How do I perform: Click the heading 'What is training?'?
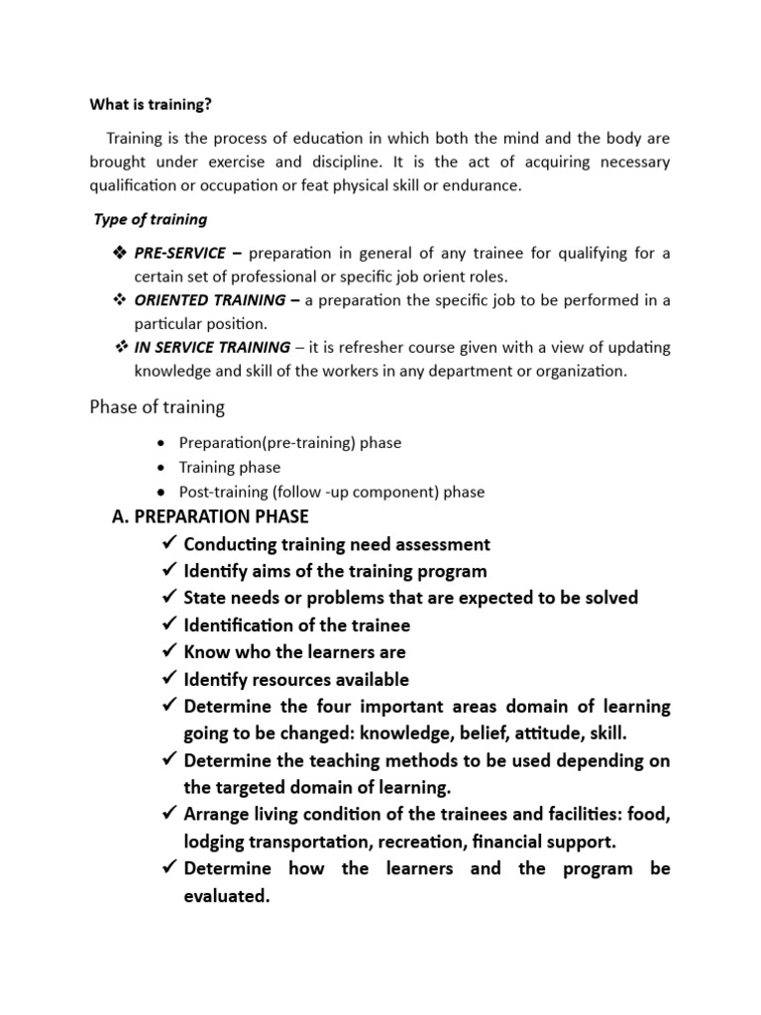click(x=152, y=102)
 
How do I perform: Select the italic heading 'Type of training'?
click(x=151, y=219)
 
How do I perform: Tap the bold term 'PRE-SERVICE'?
click(x=180, y=253)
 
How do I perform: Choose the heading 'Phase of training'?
click(x=158, y=407)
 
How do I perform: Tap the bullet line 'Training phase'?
click(x=229, y=467)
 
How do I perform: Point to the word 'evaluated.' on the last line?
click(x=227, y=895)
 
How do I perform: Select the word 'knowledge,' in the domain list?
click(x=404, y=733)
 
